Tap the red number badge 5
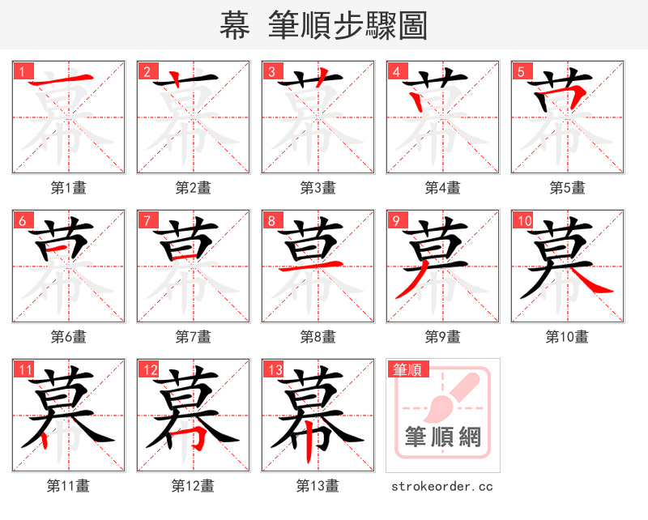[521, 70]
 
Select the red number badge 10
[523, 220]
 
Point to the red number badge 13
[274, 370]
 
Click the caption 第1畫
[69, 188]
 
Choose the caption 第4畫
[443, 188]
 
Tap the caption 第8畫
[318, 337]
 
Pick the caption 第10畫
[568, 337]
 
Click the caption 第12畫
[194, 486]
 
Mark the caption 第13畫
[318, 486]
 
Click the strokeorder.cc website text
[442, 487]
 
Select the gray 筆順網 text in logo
[443, 437]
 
